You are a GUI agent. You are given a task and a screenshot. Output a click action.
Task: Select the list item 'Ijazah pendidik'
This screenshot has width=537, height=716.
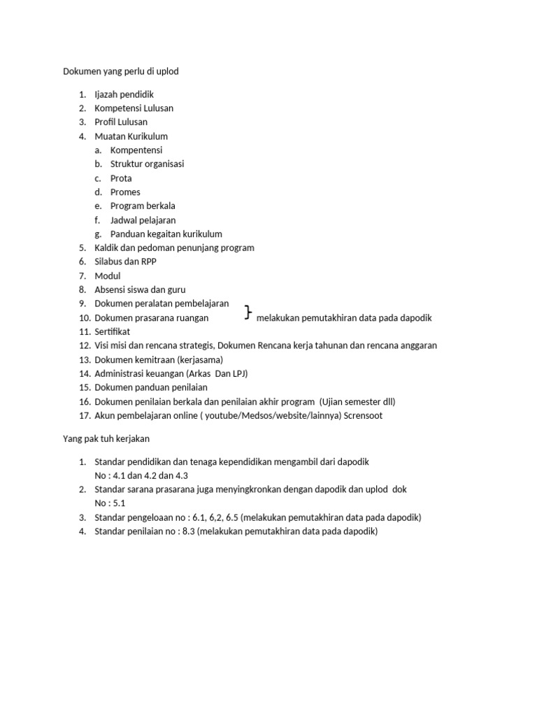124,94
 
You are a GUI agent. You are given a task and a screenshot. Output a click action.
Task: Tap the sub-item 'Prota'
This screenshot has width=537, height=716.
121,178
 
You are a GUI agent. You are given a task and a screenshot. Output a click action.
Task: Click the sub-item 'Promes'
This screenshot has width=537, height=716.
125,192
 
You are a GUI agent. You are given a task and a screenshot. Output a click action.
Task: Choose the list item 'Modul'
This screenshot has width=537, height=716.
108,276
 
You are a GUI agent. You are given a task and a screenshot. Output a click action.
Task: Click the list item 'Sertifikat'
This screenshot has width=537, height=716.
112,331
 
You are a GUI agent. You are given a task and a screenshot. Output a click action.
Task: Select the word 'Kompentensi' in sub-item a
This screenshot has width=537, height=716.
136,150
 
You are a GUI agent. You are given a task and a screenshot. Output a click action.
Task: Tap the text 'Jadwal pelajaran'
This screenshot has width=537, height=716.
143,220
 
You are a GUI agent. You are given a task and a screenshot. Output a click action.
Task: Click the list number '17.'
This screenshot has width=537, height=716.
85,415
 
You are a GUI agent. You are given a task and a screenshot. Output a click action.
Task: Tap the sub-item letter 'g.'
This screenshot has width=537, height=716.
98,234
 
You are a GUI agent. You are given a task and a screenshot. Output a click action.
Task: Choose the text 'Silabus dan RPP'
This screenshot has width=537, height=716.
126,262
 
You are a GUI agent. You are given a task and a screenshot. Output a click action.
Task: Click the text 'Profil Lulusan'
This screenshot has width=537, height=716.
121,122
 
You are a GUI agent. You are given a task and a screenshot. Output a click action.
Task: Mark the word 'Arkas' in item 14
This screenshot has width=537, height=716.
202,373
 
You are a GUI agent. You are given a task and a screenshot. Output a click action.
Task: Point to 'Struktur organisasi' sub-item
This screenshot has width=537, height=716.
148,164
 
